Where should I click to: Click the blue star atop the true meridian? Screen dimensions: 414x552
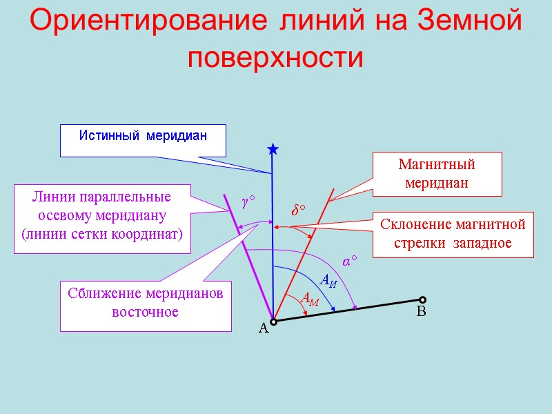(x=273, y=149)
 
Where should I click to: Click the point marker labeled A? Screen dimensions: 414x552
(x=273, y=322)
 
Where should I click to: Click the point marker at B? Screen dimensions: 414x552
(x=422, y=299)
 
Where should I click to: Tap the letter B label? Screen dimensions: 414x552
(x=422, y=313)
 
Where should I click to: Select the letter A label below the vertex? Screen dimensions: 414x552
(x=263, y=330)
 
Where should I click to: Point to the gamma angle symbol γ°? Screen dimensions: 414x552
(x=248, y=201)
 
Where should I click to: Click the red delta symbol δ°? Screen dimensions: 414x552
(x=297, y=210)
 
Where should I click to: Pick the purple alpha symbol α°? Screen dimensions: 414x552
(x=350, y=262)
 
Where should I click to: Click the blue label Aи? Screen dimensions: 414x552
(x=328, y=279)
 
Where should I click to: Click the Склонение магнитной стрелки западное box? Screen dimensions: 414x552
(x=453, y=234)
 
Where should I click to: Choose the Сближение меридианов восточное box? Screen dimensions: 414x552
(x=146, y=303)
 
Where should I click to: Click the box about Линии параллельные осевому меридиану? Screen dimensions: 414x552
(x=102, y=215)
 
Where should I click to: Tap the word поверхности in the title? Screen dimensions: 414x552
(x=275, y=57)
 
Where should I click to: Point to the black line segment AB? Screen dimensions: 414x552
(x=348, y=310)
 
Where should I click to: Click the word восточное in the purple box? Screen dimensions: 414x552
(x=146, y=313)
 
